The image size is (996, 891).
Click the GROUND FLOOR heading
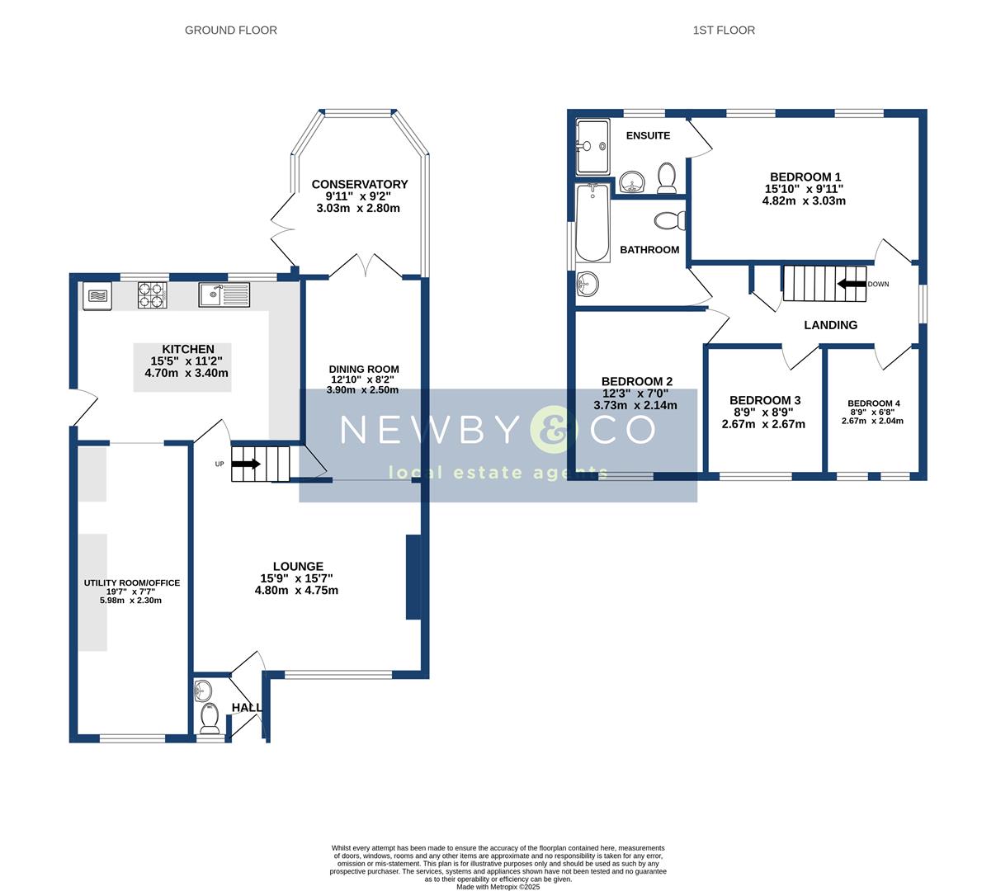click(x=230, y=31)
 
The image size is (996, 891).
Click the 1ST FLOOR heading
click(x=723, y=31)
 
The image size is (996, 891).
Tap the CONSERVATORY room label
click(x=359, y=184)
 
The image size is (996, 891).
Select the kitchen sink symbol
click(x=224, y=295)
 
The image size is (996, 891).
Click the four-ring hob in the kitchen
click(x=151, y=295)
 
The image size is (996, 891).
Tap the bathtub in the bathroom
click(x=592, y=224)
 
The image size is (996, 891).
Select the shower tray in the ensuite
click(x=592, y=146)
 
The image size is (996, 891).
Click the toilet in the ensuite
click(x=667, y=177)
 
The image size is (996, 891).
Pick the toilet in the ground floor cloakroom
click(x=210, y=720)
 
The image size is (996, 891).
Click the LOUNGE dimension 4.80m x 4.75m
click(x=296, y=591)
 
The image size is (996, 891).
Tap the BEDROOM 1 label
click(x=805, y=177)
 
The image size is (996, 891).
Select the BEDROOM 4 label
click(x=873, y=403)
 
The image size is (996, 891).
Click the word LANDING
click(x=830, y=325)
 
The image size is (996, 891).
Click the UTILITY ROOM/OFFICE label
click(x=131, y=583)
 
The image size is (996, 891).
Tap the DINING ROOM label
click(x=363, y=370)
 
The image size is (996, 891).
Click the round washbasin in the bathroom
click(x=588, y=285)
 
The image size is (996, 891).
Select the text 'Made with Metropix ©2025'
click(x=498, y=887)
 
